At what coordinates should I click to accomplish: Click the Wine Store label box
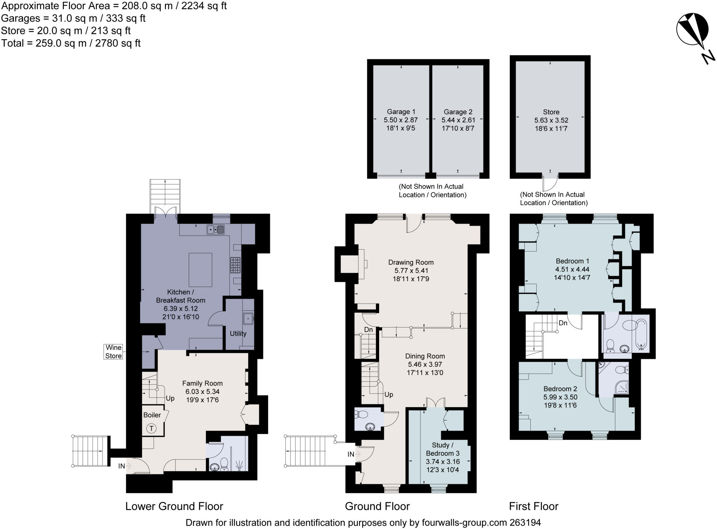(114, 352)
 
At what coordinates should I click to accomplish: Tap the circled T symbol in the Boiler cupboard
(152, 428)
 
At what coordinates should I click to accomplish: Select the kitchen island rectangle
(200, 270)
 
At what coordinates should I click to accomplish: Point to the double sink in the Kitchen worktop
(215, 230)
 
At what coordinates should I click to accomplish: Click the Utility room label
(238, 333)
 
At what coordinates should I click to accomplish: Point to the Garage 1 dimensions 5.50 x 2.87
(401, 120)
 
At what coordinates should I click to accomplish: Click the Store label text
(551, 112)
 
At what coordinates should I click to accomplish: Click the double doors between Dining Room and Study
(436, 402)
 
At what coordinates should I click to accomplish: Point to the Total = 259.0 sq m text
(71, 43)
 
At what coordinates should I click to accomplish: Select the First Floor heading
(534, 506)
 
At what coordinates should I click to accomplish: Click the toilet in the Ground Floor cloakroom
(361, 415)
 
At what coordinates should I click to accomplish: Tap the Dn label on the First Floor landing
(563, 323)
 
